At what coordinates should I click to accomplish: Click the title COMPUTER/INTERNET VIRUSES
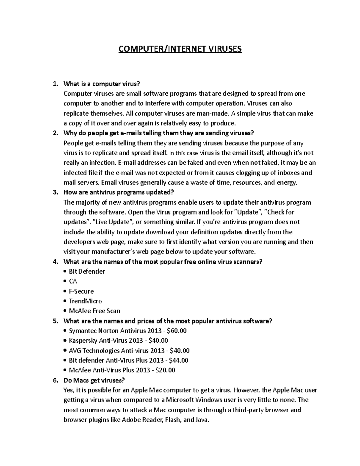[180, 49]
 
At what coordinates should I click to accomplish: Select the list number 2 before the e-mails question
[55, 133]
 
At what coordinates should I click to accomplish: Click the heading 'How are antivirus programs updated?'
[118, 192]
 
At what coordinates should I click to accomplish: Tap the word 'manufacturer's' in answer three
[105, 251]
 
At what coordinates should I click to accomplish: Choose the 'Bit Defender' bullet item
[87, 272]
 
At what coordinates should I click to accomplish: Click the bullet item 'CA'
[73, 281]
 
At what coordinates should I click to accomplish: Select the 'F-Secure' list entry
[81, 291]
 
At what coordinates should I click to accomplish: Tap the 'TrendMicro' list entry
[85, 301]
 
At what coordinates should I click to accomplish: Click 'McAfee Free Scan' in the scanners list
[94, 311]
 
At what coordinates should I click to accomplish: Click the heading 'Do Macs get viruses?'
[94, 380]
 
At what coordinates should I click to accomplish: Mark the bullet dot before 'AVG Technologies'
[65, 351]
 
